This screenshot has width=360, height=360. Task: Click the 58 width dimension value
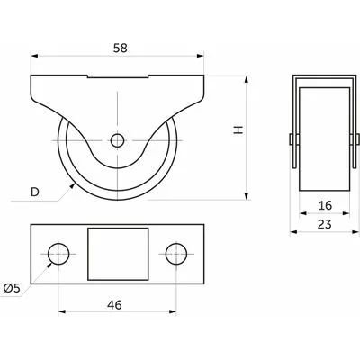(121, 48)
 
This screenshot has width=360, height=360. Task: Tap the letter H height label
(238, 130)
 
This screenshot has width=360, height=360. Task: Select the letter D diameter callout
(35, 192)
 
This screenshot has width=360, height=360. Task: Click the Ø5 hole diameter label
(12, 288)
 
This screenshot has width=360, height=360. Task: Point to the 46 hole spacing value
(114, 305)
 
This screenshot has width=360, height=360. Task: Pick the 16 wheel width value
(325, 205)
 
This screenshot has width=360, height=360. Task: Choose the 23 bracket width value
(325, 224)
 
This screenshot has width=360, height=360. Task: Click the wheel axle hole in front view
(117, 140)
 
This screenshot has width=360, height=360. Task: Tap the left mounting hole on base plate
(58, 254)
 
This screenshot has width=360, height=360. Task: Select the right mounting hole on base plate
(176, 254)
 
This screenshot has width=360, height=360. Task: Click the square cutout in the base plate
(118, 254)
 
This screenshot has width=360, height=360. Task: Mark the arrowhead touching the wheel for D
(72, 186)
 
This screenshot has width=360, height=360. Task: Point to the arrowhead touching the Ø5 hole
(49, 266)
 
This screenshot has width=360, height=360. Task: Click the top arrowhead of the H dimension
(247, 80)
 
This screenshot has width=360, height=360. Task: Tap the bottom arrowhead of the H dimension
(247, 196)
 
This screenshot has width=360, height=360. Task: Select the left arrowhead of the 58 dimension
(35, 56)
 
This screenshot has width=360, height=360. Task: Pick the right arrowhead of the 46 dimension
(173, 311)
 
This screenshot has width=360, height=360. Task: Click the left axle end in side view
(291, 139)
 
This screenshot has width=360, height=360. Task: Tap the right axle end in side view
(358, 139)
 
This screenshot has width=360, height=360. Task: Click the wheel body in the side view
(325, 139)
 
